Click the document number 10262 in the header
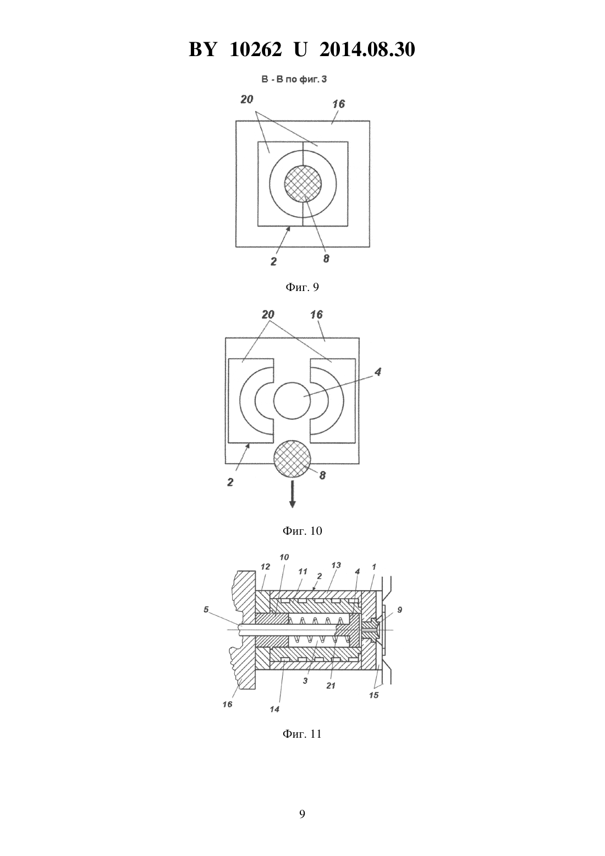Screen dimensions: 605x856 (x=256, y=50)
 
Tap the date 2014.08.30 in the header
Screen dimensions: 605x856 (x=367, y=50)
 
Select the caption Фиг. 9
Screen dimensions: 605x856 (x=302, y=287)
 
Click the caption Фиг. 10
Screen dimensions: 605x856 (x=302, y=530)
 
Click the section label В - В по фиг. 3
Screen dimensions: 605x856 (x=294, y=79)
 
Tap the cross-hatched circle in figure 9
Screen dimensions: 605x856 (x=302, y=184)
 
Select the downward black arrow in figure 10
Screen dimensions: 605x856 (x=292, y=495)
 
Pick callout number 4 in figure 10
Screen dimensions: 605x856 (x=378, y=371)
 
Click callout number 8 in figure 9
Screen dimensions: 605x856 (x=326, y=259)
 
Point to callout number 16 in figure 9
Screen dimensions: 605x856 (x=338, y=104)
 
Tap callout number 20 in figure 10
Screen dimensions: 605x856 (x=268, y=315)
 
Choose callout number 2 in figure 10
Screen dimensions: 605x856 (x=230, y=482)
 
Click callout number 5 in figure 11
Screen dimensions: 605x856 (x=206, y=609)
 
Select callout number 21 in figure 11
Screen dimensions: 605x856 (x=331, y=685)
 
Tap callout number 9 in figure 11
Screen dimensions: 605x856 (x=399, y=610)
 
